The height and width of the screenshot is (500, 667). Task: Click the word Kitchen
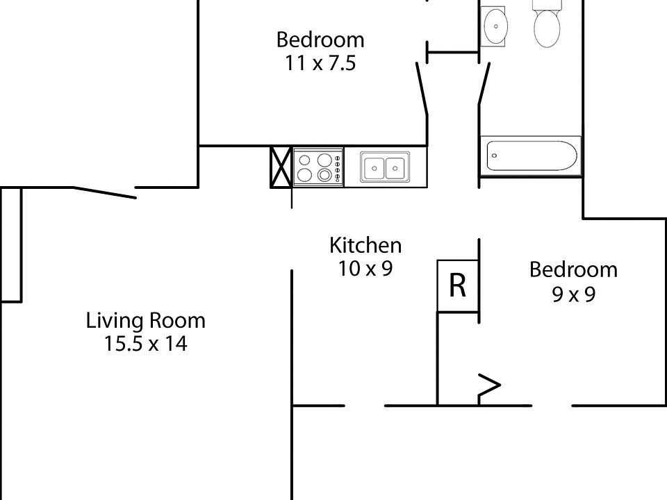pyautogui.click(x=365, y=245)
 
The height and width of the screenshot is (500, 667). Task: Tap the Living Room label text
pyautogui.click(x=145, y=321)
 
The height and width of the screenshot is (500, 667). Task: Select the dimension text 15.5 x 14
pyautogui.click(x=145, y=344)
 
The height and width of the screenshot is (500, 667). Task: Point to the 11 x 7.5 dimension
pyautogui.click(x=320, y=63)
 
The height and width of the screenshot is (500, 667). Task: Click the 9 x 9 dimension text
pyautogui.click(x=573, y=294)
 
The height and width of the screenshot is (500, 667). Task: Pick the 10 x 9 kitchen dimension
pyautogui.click(x=365, y=268)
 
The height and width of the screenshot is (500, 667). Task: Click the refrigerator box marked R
pyautogui.click(x=457, y=285)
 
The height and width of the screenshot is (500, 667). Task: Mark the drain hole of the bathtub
pyautogui.click(x=494, y=156)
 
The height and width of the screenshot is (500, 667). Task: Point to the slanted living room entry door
pyautogui.click(x=104, y=192)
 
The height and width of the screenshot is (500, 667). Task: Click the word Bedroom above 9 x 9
pyautogui.click(x=573, y=269)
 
